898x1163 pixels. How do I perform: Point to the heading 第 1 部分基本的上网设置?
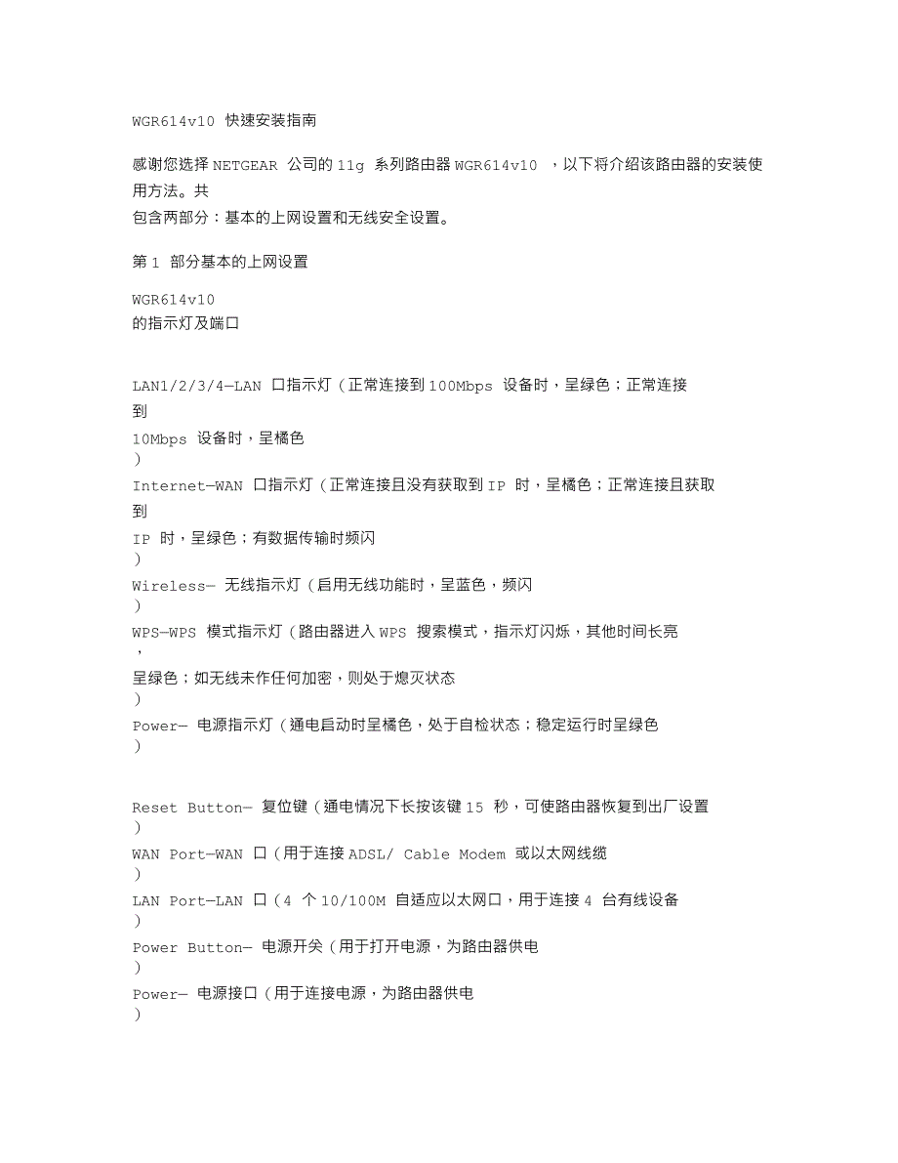click(220, 262)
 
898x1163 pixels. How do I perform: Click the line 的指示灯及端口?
click(185, 323)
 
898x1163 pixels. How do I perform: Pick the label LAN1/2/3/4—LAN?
click(197, 386)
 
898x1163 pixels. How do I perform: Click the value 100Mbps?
click(461, 386)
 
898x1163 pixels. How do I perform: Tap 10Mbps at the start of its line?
click(159, 439)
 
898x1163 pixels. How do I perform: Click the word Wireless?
click(169, 586)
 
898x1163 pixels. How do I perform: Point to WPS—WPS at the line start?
click(164, 632)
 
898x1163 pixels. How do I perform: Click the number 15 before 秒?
click(474, 808)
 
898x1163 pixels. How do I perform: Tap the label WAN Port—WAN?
click(187, 854)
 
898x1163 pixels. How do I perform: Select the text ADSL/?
click(372, 854)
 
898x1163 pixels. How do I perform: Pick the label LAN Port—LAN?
click(187, 901)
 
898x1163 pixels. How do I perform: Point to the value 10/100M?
click(354, 901)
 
